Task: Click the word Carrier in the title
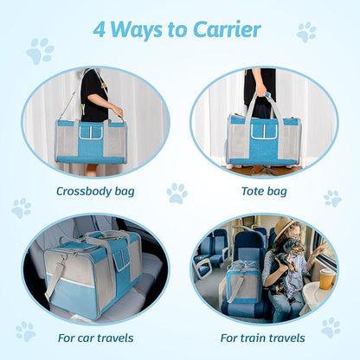point(227,30)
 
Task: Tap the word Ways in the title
point(141,30)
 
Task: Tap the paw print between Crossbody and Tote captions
point(177,192)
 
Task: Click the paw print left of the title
point(40,50)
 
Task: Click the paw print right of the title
point(306,32)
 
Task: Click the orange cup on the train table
point(328,279)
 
